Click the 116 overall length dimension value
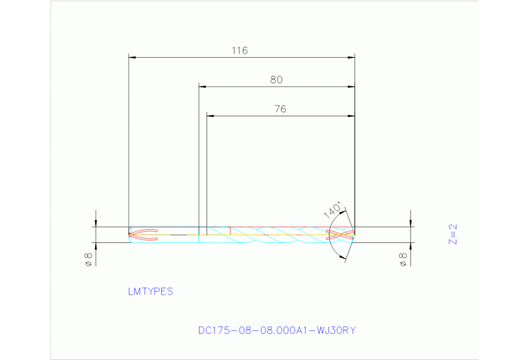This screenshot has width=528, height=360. pos(240,50)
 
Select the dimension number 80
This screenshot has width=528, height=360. pos(276,80)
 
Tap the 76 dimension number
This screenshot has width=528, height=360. pos(279,109)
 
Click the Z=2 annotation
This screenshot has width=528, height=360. pos(452,234)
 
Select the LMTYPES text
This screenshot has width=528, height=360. pos(150,291)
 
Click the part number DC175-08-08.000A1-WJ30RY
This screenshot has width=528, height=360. pos(277,330)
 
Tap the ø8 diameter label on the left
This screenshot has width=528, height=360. pos(88,260)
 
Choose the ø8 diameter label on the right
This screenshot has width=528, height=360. pos(404,260)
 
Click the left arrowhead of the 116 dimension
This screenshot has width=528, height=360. pos(133,57)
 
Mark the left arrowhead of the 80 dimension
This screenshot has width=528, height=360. pos(202,87)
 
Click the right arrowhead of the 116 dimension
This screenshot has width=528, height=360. pos(350,57)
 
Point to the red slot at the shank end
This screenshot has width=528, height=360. pos(144,234)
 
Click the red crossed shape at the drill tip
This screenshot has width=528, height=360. pos(342,234)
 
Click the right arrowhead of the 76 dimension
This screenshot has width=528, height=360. pos(350,116)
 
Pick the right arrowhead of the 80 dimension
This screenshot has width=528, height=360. pos(350,87)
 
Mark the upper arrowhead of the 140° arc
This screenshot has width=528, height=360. pos(344,212)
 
